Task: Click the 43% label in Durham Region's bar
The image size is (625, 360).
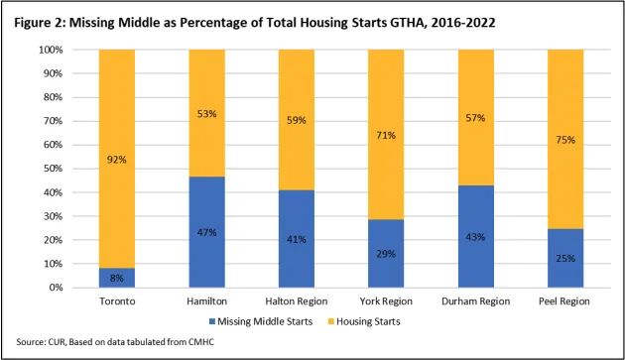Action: (470, 236)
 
